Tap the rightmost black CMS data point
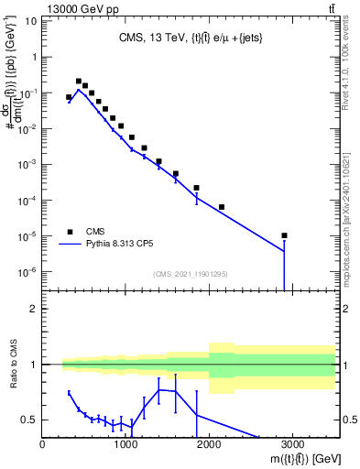pos(285,235)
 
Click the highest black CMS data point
pos(79,82)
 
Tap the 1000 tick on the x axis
pos(126,444)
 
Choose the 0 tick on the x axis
pos(43,444)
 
